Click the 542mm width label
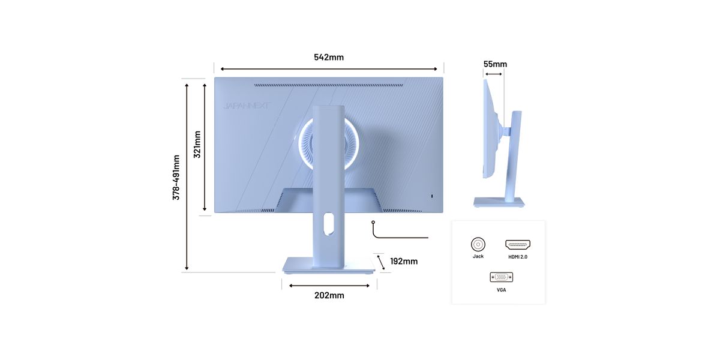(x=329, y=57)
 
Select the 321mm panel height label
(x=197, y=145)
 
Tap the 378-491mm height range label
(x=176, y=178)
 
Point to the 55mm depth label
(x=495, y=64)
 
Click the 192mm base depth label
(x=404, y=262)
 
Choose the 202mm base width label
(x=329, y=295)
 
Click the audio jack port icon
(x=478, y=245)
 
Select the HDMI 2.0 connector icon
(x=518, y=245)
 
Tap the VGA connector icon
(x=502, y=277)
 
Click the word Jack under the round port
(x=478, y=256)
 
